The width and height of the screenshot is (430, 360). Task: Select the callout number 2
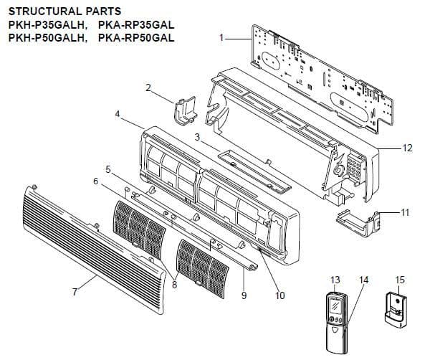[148, 88]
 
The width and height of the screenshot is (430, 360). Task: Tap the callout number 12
[407, 148]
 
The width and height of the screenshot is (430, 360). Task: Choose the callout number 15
[400, 279]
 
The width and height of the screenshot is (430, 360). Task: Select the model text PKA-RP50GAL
[136, 37]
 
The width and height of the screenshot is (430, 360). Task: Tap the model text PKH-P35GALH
[42, 24]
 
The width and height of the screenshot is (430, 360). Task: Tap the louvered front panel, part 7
[86, 237]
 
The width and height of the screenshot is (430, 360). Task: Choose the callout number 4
[117, 113]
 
